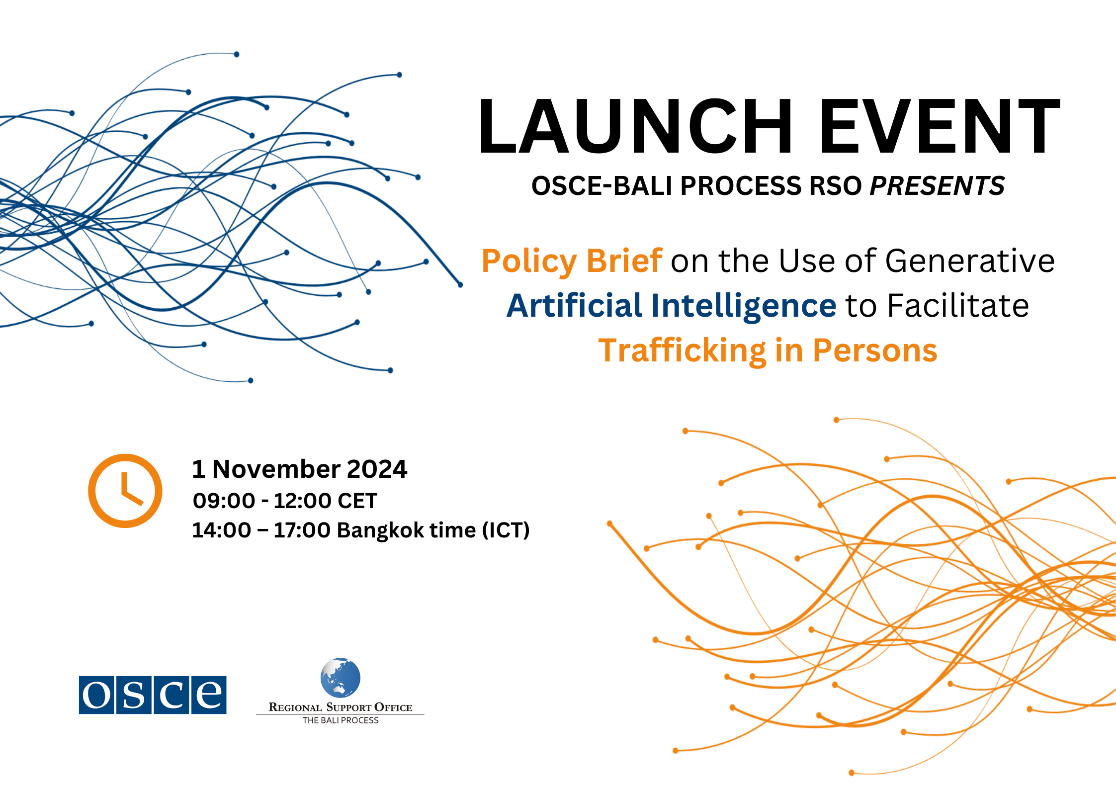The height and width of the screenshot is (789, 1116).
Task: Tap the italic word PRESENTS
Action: pos(937,186)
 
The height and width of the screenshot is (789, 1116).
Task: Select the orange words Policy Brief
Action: pos(572,261)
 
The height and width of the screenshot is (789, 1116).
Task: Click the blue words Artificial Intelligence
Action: pos(672,305)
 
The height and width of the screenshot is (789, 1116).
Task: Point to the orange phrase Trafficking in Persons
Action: pos(768,351)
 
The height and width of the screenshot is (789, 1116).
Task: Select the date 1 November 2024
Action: pos(300,469)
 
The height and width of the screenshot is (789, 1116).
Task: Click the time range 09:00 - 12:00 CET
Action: pos(285,501)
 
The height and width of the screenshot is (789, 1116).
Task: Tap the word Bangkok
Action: pos(381,530)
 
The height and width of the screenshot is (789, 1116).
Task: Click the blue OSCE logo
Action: pos(153,695)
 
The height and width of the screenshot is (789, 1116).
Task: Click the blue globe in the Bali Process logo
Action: pos(341,678)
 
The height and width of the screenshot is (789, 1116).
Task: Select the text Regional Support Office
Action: pos(341,707)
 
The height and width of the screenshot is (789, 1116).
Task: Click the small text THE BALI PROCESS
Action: pos(341,720)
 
